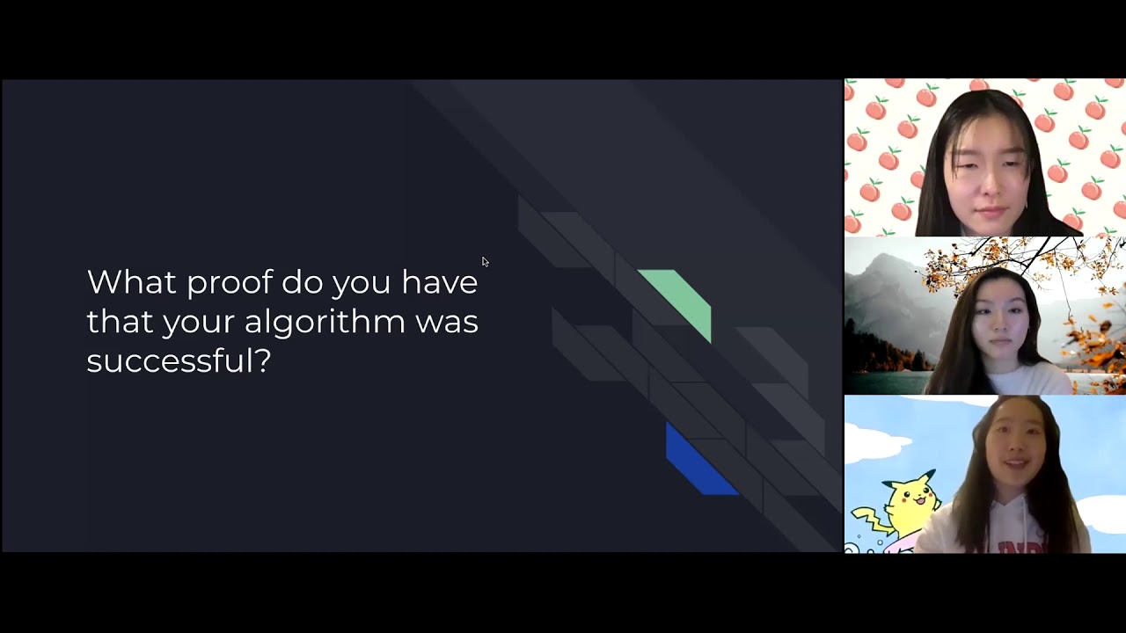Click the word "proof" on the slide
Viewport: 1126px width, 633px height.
click(x=230, y=283)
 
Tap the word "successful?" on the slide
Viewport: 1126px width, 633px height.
click(x=179, y=360)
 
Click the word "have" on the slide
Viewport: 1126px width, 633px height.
click(x=439, y=282)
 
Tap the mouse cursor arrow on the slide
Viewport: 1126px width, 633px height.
click(x=485, y=261)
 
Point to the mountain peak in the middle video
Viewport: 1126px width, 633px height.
click(x=888, y=264)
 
